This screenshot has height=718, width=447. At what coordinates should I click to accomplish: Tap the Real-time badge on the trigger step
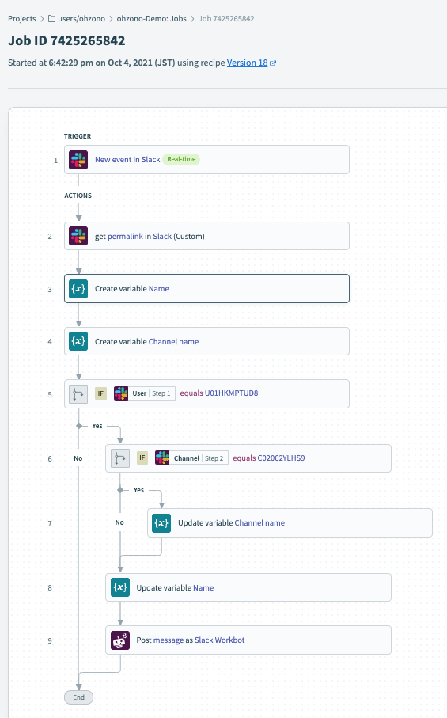(181, 159)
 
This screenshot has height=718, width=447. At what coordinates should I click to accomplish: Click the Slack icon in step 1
(78, 160)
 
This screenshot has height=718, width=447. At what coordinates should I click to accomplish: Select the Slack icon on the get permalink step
(78, 236)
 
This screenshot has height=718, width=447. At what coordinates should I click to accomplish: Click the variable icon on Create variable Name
(78, 288)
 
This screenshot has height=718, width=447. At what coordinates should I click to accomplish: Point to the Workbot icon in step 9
(120, 640)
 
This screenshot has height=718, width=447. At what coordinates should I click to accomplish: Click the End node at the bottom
(78, 697)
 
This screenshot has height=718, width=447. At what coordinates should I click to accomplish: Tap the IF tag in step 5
(100, 393)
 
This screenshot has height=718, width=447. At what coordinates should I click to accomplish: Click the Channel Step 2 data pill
(191, 458)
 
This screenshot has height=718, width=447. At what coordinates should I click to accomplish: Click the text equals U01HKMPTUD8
(218, 393)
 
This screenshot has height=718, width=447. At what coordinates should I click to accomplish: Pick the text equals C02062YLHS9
(268, 458)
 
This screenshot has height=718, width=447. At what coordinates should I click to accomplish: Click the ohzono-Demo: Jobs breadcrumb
(151, 19)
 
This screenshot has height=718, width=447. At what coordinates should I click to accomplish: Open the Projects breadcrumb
(22, 19)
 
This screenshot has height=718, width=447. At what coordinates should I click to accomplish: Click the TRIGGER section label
(78, 136)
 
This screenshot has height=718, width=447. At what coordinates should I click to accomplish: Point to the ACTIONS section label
(78, 196)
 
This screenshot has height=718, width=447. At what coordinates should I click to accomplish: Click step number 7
(50, 523)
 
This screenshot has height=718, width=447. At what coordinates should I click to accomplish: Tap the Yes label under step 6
(138, 490)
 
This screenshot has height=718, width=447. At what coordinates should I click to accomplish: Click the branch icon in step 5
(78, 393)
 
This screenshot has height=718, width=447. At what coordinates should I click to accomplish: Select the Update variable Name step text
(175, 588)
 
